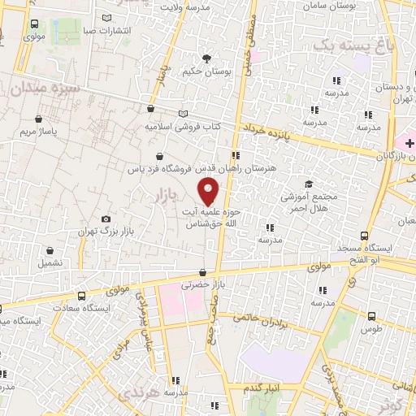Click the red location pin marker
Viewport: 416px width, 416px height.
click(x=209, y=192)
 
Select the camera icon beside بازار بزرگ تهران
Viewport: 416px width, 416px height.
click(x=106, y=219)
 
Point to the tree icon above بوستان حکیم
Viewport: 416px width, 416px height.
click(x=207, y=58)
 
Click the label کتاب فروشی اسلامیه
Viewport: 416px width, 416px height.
click(x=183, y=127)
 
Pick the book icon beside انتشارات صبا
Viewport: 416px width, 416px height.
click(x=108, y=19)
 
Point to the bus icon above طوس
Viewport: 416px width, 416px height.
click(x=371, y=317)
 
